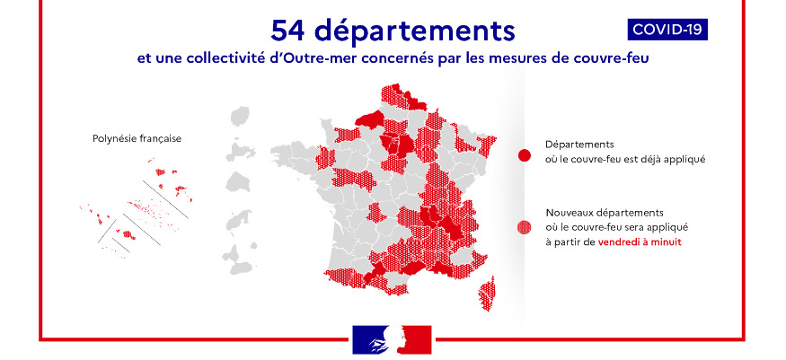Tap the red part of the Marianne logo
pos(417,338)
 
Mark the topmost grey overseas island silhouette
pos(239,118)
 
